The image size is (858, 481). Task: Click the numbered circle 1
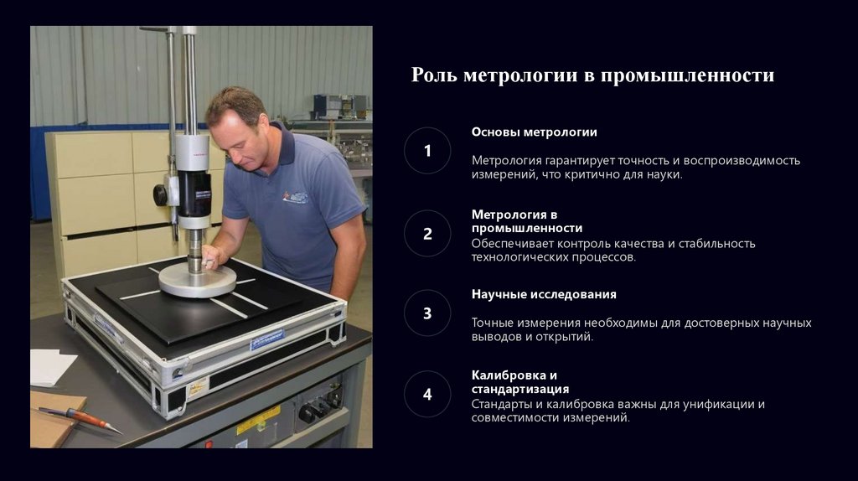[427, 151]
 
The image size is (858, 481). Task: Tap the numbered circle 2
[427, 234]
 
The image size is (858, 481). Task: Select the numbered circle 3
[427, 313]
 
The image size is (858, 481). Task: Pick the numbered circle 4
[427, 394]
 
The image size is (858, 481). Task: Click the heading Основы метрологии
[534, 132]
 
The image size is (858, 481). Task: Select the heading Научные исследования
[544, 294]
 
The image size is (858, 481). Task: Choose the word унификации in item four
[714, 405]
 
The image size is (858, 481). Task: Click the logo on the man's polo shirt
[296, 196]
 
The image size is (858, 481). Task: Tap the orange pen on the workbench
[80, 419]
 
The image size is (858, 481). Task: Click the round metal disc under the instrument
[198, 280]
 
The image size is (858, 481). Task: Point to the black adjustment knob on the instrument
[160, 194]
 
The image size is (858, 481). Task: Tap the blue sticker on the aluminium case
[267, 339]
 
